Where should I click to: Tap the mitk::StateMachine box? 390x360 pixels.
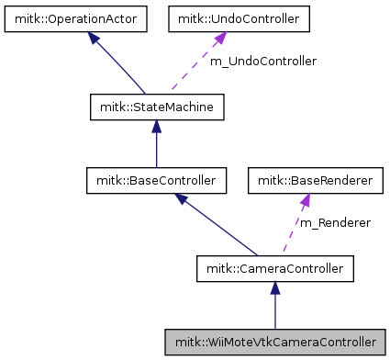pyautogui.click(x=156, y=107)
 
